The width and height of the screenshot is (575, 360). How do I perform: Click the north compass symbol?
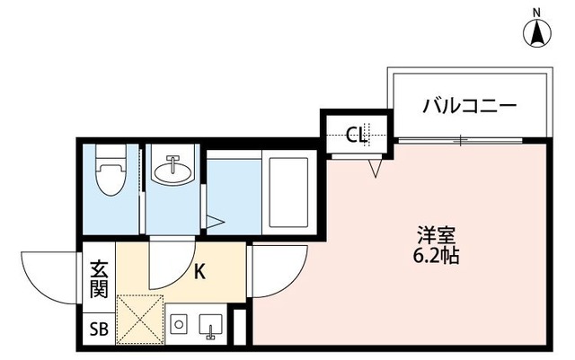pyautogui.click(x=537, y=31)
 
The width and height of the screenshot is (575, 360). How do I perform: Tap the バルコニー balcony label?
pyautogui.click(x=470, y=106)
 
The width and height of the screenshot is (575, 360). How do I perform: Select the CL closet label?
pyautogui.click(x=357, y=136)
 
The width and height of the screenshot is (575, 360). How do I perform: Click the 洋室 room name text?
pyautogui.click(x=438, y=236)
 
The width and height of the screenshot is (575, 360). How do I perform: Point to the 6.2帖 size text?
pyautogui.click(x=438, y=256)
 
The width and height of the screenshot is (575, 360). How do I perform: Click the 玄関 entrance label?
pyautogui.click(x=98, y=278)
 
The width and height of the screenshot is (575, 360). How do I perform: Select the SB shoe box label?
pyautogui.click(x=98, y=329)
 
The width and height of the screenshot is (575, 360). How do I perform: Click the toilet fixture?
pyautogui.click(x=110, y=173)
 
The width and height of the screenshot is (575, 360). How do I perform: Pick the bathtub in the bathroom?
pyautogui.click(x=287, y=192)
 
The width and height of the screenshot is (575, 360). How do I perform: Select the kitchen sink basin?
pyautogui.click(x=212, y=324)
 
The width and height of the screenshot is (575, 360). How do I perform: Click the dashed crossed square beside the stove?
pyautogui.click(x=139, y=319)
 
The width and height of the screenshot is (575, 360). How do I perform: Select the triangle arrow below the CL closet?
pyautogui.click(x=376, y=167)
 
